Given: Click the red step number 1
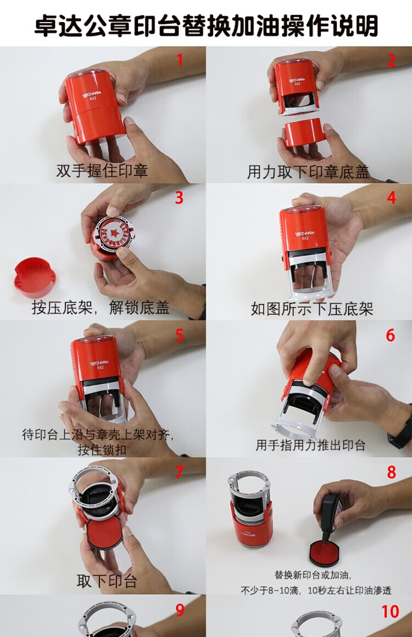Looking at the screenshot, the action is pos(180,60).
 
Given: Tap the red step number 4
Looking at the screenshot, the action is pos(391,198).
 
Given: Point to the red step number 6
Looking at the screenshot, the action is pos(391,335).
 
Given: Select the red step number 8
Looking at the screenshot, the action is pos(391,472).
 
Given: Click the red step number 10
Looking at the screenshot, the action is pos(390,611).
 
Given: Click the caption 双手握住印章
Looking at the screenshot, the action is pos(102,171).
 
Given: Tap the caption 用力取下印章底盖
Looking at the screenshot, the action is pos(308,172).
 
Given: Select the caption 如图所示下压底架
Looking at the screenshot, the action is pos(312,309).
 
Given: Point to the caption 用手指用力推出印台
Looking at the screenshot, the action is pos(310,446).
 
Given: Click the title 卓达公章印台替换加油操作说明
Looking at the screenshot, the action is pos(206,25).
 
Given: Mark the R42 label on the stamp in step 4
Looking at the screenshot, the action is pos(305,239).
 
